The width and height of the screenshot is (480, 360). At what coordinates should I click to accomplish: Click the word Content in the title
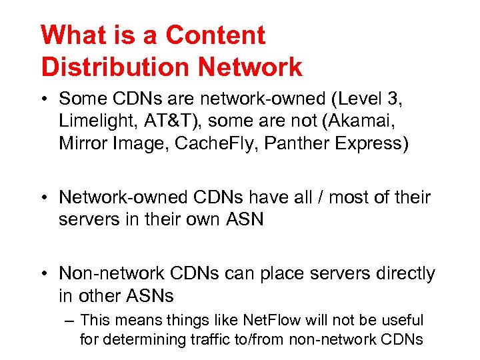coord(216,35)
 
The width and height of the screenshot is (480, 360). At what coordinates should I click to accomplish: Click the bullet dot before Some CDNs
coord(45,99)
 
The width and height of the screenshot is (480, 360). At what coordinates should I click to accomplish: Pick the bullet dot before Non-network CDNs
coord(45,274)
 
